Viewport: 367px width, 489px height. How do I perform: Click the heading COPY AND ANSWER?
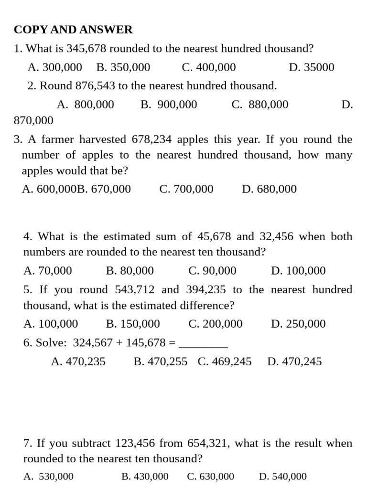(73, 30)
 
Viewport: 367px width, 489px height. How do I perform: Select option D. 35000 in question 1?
(312, 67)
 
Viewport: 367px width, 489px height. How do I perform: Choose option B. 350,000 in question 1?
(123, 67)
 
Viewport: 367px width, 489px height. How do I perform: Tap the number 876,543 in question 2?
(96, 86)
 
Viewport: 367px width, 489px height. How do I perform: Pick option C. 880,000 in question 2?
(260, 105)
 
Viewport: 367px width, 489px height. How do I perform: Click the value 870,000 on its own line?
(33, 120)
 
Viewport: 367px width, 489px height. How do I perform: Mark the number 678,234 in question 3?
(153, 139)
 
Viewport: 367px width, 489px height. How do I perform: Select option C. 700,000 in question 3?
(186, 189)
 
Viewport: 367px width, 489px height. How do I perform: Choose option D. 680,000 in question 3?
(270, 189)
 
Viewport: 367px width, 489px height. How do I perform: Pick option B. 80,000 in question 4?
(130, 271)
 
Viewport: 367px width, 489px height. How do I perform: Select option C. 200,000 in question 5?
(216, 324)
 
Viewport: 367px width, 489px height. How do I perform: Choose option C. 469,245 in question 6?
(225, 362)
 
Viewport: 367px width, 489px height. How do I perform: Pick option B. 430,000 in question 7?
(145, 477)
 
